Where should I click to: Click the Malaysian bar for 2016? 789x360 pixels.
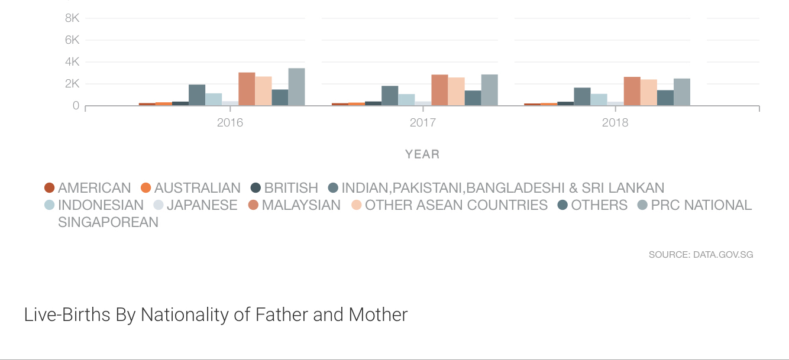click(247, 89)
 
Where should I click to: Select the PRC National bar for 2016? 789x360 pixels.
click(296, 87)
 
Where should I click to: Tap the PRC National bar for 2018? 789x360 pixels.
click(681, 92)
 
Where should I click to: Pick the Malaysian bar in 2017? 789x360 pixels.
click(439, 90)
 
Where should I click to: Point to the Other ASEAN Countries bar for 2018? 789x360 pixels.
click(648, 93)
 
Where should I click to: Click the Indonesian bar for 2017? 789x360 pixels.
click(406, 100)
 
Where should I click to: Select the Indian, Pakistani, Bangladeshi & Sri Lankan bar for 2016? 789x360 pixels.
click(197, 95)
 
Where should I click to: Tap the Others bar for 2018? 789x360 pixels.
click(665, 98)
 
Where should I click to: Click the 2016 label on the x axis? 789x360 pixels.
click(230, 124)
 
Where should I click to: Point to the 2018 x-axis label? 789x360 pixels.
click(615, 124)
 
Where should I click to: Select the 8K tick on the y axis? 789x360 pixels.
click(72, 18)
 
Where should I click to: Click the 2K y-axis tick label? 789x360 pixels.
click(72, 84)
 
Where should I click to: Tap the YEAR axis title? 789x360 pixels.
click(422, 154)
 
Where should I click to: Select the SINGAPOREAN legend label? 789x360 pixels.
click(108, 222)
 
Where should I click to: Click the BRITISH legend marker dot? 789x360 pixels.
click(256, 188)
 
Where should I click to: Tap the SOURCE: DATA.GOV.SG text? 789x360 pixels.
click(701, 255)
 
